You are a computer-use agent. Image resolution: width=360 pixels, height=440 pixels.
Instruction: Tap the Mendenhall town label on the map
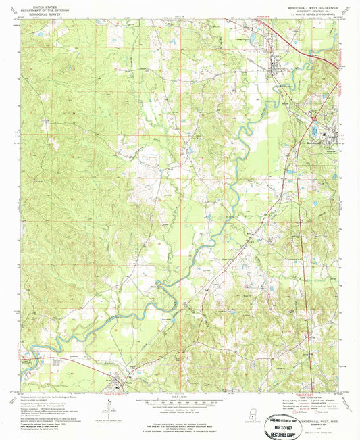pos(313,143)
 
